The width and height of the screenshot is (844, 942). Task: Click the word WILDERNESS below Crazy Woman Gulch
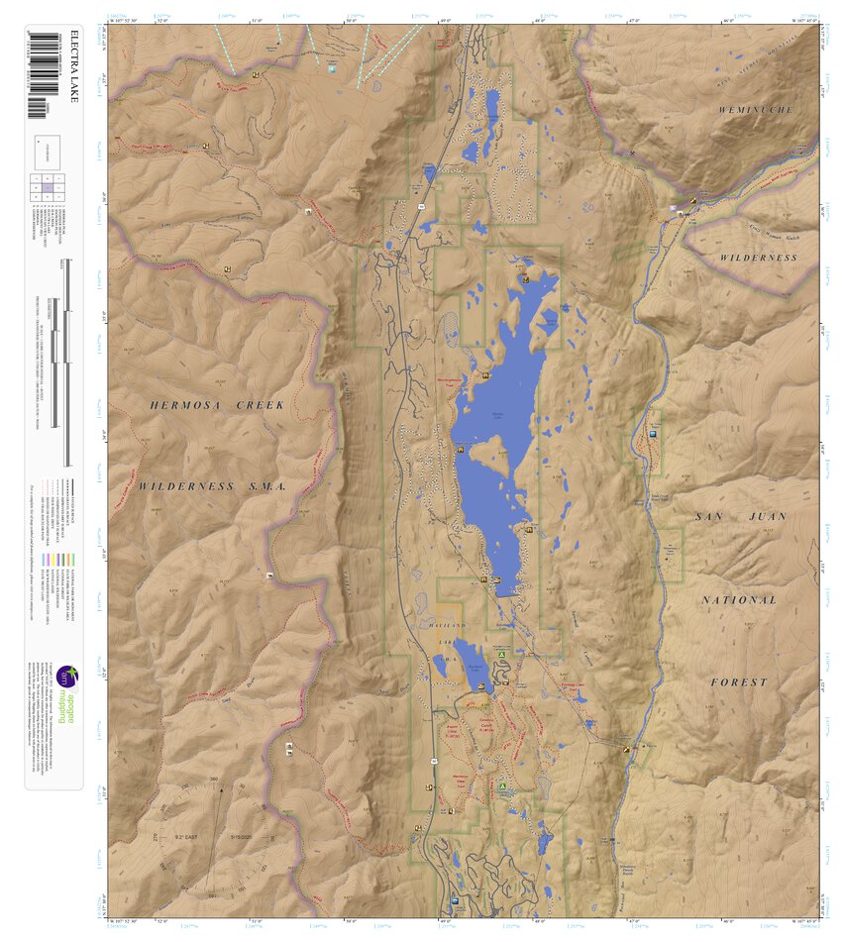pos(757,258)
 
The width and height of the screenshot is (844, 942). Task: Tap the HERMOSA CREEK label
pos(217,405)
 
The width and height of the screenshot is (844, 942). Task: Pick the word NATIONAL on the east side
pos(738,600)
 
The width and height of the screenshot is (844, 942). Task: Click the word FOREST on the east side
pos(738,682)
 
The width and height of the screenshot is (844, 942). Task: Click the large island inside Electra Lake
pos(486,458)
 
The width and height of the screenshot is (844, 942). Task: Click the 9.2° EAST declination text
pos(190,838)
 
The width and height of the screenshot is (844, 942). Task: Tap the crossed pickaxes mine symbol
pos(633,154)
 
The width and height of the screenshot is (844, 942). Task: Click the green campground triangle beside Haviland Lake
pos(503,655)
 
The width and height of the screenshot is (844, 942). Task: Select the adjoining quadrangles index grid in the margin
pos(48,185)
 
